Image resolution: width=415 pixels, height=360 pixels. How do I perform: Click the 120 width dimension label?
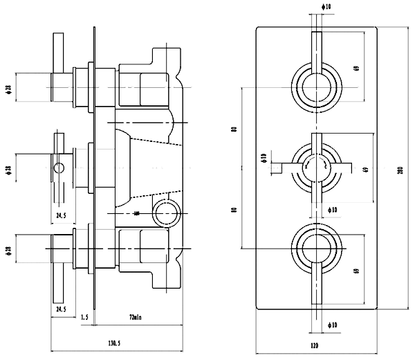(315, 343)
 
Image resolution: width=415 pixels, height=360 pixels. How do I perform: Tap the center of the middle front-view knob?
(316, 165)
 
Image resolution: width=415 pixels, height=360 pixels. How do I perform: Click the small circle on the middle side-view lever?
(59, 167)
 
